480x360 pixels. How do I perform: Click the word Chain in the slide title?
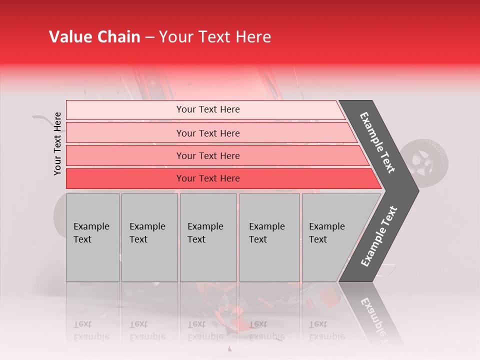click(118, 37)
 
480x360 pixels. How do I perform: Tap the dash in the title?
click(149, 37)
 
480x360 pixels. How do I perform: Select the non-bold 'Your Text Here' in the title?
click(215, 37)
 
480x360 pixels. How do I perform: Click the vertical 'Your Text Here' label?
click(57, 143)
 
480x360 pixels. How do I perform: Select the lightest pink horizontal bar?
click(205, 109)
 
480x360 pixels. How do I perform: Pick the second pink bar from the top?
click(210, 133)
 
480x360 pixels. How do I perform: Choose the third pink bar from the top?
click(215, 155)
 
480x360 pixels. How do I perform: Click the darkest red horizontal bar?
click(220, 178)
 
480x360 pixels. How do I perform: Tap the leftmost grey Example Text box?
click(92, 237)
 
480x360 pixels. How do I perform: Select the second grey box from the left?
click(149, 237)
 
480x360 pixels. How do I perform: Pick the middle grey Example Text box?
click(208, 237)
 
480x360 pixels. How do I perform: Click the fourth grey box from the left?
click(269, 237)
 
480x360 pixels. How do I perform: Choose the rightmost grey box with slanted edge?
click(335, 237)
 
